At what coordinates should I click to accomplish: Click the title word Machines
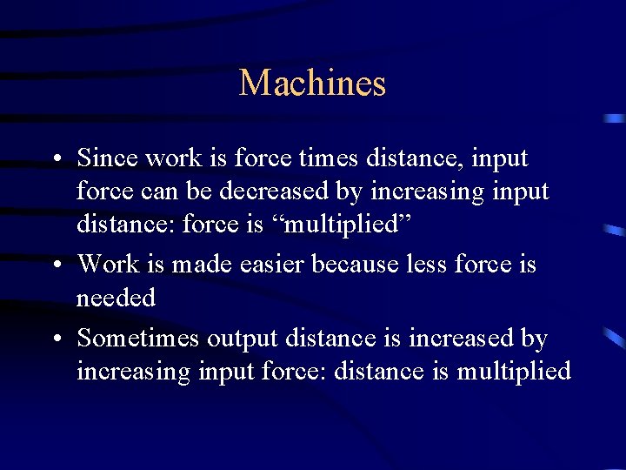(x=312, y=84)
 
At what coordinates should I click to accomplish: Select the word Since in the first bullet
(x=105, y=158)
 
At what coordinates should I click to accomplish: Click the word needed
(x=116, y=299)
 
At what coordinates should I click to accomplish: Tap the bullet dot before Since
(x=55, y=160)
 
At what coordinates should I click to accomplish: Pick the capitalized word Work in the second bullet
(x=108, y=263)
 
